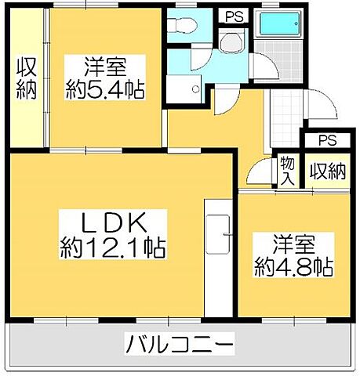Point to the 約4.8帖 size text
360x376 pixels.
[293, 268]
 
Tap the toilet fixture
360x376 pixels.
[183, 25]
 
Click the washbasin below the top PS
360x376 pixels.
[233, 42]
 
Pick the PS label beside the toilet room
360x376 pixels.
[233, 16]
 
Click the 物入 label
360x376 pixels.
[287, 170]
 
